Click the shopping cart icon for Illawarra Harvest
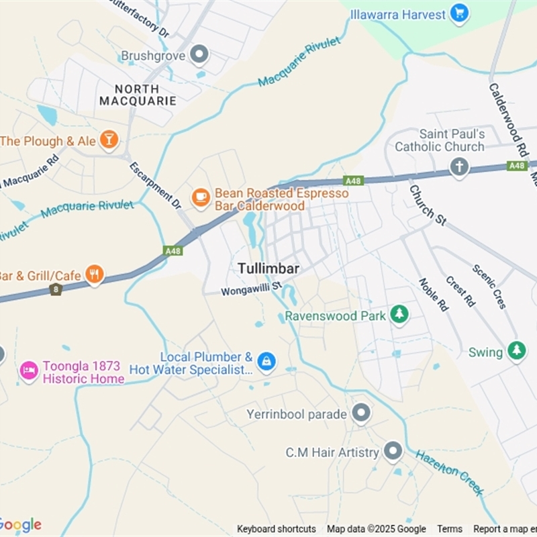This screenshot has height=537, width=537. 459,13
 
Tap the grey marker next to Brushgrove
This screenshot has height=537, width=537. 199,55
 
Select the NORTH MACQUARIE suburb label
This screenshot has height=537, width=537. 138,95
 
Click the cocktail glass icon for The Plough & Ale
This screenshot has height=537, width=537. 108,140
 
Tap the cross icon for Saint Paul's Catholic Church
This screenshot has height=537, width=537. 459,166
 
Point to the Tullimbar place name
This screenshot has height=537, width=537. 268,268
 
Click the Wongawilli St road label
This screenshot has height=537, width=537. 252,291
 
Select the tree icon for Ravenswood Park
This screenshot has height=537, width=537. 399,314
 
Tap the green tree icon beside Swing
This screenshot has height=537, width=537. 516,351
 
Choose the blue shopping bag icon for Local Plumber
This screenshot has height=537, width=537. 266,362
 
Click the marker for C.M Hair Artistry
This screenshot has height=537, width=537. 393,452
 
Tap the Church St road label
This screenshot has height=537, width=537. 427,205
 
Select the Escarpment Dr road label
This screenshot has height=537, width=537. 155,185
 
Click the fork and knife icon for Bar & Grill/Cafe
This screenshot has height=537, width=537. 95,275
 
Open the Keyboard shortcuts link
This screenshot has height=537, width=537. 276,529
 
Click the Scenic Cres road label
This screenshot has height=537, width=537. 489,286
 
